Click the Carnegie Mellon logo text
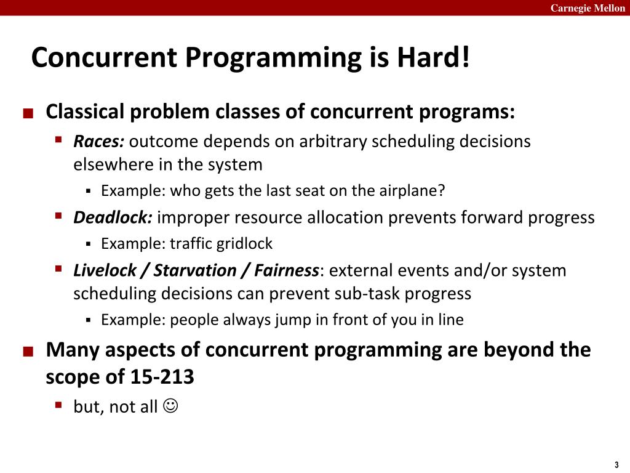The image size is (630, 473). (588, 8)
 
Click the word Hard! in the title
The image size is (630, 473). (433, 57)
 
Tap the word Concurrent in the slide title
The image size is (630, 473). (104, 57)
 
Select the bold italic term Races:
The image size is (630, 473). (99, 141)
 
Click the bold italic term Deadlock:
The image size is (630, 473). (113, 217)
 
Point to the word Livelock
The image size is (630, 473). (105, 270)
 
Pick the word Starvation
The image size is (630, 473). (195, 270)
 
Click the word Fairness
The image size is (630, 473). (287, 270)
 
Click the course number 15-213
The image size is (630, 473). (162, 377)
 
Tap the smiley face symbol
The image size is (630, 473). (170, 405)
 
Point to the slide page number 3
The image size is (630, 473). (616, 465)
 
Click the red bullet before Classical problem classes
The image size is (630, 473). (28, 113)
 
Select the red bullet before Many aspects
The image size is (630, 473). (28, 352)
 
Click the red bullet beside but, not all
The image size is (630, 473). (58, 404)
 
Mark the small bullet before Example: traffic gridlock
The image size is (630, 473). (89, 244)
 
